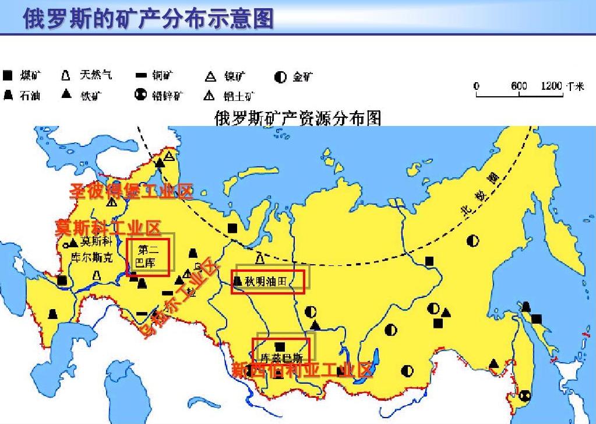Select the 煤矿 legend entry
(x=23, y=76)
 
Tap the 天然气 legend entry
(x=87, y=75)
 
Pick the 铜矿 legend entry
(x=154, y=76)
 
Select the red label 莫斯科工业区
(x=108, y=227)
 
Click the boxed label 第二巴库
(x=149, y=256)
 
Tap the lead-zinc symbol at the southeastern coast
(x=525, y=395)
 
